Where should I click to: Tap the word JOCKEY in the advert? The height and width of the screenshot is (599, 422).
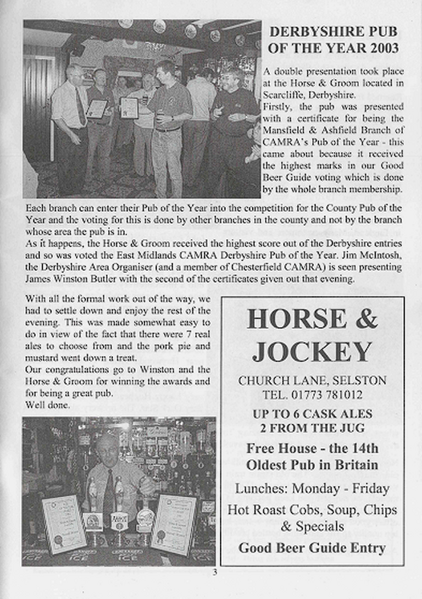point(312,351)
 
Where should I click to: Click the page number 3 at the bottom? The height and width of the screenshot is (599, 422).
point(215,573)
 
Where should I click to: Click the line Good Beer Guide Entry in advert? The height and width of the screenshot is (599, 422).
point(312,547)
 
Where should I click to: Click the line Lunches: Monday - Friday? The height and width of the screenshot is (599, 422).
point(312,489)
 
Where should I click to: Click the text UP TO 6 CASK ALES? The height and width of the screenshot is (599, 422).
point(312,414)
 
